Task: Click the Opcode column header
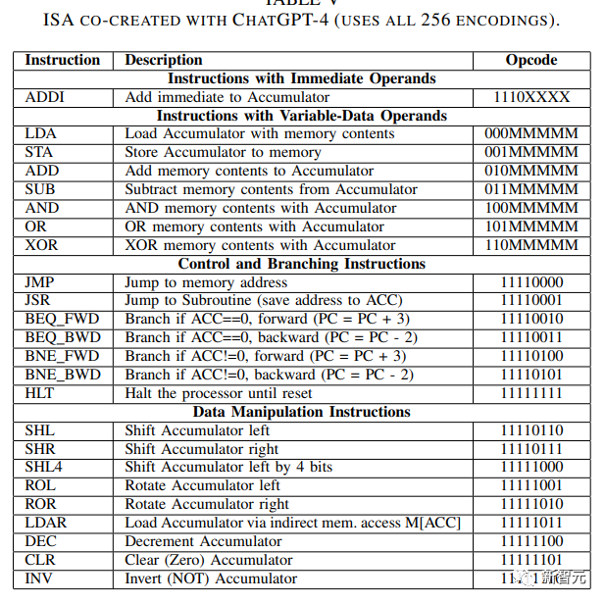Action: (x=531, y=60)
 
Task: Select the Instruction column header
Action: (x=63, y=60)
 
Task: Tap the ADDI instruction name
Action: (x=44, y=97)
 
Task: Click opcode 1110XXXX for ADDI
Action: (x=531, y=97)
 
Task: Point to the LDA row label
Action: (x=40, y=133)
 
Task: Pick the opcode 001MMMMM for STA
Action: (x=531, y=152)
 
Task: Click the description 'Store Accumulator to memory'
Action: (x=223, y=152)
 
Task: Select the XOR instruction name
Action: (x=42, y=245)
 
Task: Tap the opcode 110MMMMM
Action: (x=531, y=245)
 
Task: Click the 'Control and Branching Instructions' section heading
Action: (x=302, y=264)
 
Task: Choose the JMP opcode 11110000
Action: (x=531, y=282)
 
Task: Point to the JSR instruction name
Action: (x=39, y=300)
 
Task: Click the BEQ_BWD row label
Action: (x=62, y=337)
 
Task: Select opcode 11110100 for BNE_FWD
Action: (x=531, y=356)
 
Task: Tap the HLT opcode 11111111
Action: (x=531, y=393)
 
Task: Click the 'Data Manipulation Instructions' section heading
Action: (x=302, y=412)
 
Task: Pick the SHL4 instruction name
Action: (x=44, y=467)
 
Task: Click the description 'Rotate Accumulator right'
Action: (x=207, y=504)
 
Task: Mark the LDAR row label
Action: (x=46, y=523)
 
